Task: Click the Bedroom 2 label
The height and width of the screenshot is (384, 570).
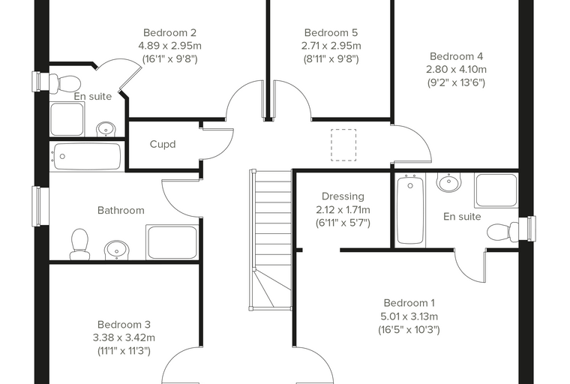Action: click(x=169, y=33)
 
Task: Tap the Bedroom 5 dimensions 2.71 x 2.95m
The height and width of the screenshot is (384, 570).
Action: click(x=331, y=46)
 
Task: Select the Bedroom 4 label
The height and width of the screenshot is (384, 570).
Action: click(x=456, y=56)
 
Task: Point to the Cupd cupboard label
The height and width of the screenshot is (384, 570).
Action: click(x=163, y=144)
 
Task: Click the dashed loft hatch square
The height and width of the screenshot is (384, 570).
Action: click(x=343, y=145)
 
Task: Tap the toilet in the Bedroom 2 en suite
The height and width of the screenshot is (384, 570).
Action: click(x=64, y=83)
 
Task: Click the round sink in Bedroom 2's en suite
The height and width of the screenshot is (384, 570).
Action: click(x=106, y=129)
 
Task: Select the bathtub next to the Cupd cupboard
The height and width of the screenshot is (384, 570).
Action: click(x=87, y=157)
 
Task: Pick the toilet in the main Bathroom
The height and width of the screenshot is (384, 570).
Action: click(x=80, y=244)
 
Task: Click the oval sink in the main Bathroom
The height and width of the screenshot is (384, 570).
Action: click(x=117, y=250)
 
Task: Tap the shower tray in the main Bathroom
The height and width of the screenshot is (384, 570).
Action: click(x=172, y=242)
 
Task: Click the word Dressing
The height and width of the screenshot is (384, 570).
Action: click(x=343, y=196)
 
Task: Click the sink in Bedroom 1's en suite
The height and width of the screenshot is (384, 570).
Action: click(x=449, y=181)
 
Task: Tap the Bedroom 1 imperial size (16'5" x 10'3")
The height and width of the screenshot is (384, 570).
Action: click(x=409, y=330)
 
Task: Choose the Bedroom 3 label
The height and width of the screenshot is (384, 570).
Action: click(x=124, y=324)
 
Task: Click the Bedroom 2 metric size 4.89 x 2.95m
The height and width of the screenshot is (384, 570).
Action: click(x=169, y=46)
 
